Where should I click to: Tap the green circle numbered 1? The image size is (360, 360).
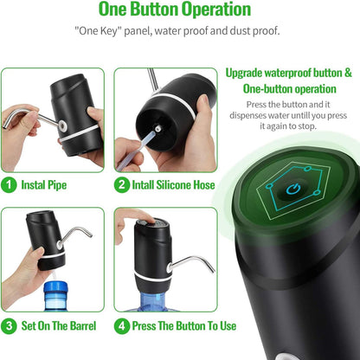point(9,184)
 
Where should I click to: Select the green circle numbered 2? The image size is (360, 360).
point(123,184)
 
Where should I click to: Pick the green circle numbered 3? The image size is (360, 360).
point(9,326)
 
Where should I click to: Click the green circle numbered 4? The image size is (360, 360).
point(123,326)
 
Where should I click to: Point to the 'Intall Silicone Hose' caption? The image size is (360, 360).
point(172,184)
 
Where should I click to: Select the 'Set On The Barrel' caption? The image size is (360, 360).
point(59,326)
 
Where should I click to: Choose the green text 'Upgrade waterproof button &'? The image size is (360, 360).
point(288,73)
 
